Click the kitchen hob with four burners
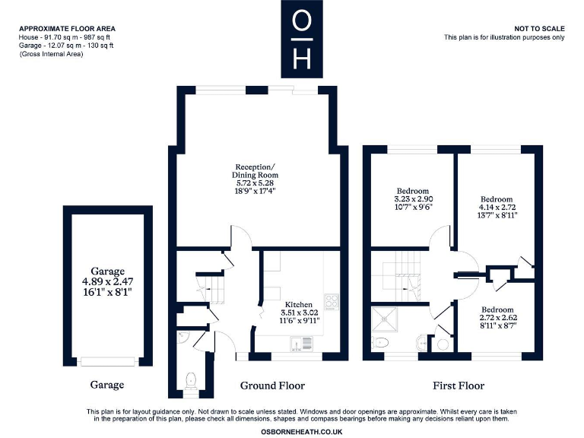[x=332, y=300]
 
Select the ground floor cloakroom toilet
[x=191, y=378]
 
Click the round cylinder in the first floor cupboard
[x=443, y=344]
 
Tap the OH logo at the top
[x=302, y=39]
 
